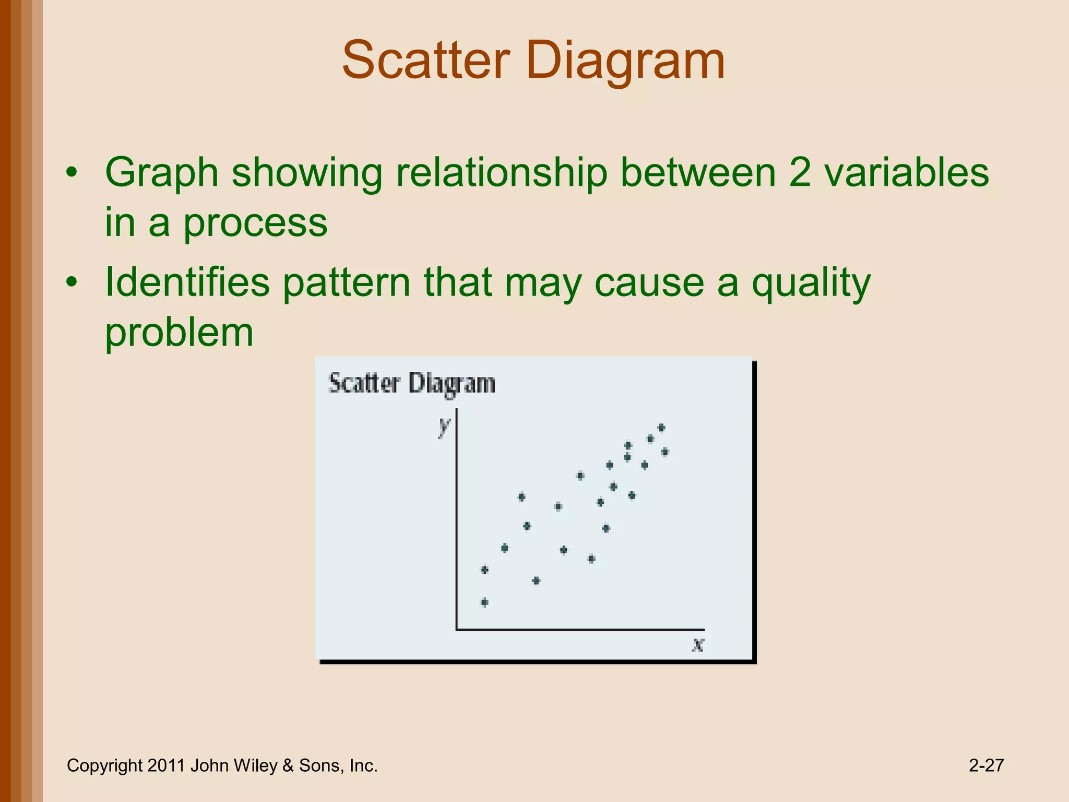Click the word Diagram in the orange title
626,62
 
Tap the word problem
179,333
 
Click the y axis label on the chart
444,426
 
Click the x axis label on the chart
698,645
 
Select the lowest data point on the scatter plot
484,603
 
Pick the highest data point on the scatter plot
661,428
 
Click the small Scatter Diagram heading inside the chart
411,383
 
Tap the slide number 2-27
986,765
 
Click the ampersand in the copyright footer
288,765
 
